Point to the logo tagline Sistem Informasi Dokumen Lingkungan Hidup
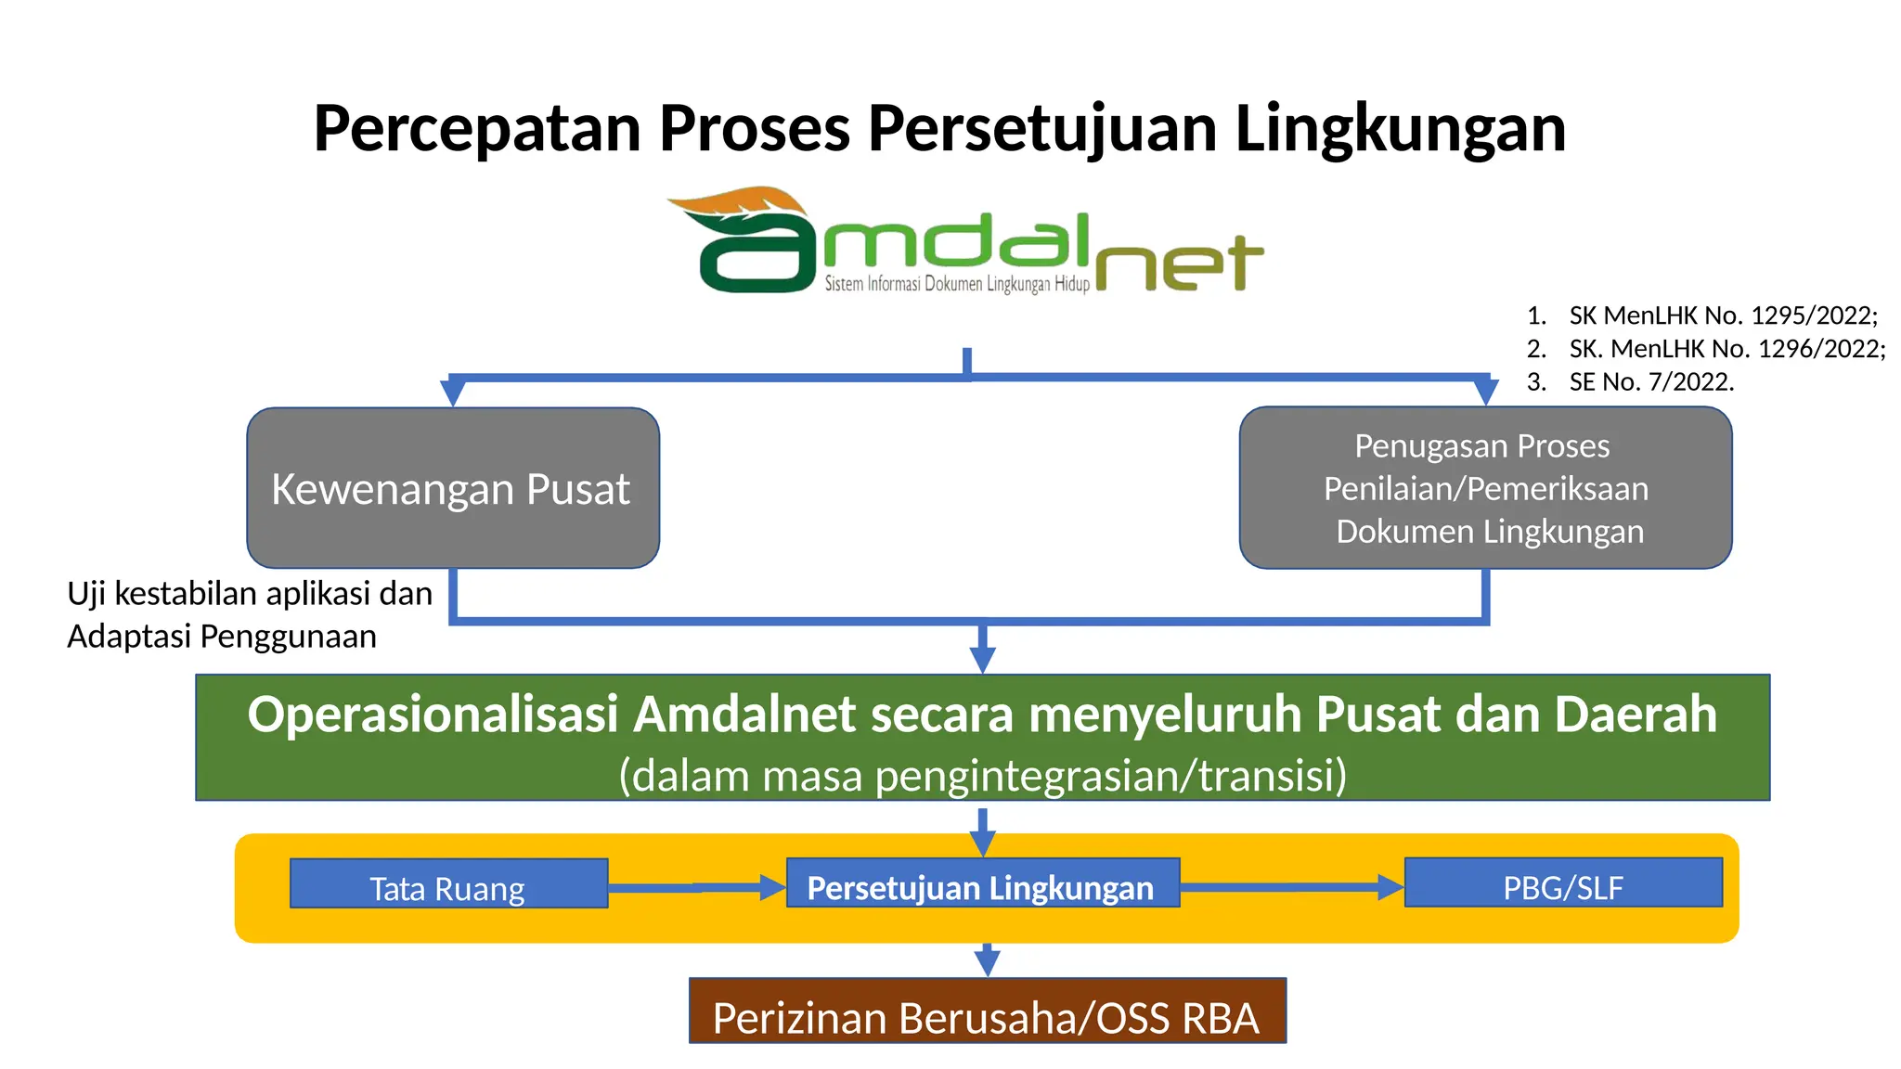coord(956,284)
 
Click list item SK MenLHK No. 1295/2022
coord(1722,316)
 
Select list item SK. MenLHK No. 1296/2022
coord(1726,349)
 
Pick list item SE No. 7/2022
coord(1650,382)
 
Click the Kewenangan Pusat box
coord(453,488)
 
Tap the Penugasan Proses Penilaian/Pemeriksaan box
coord(1485,488)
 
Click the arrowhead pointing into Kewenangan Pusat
coord(452,392)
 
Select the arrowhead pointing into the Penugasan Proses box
coord(1485,391)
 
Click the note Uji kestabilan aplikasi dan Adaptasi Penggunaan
coord(249,614)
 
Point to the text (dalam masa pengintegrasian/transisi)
coord(982,776)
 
